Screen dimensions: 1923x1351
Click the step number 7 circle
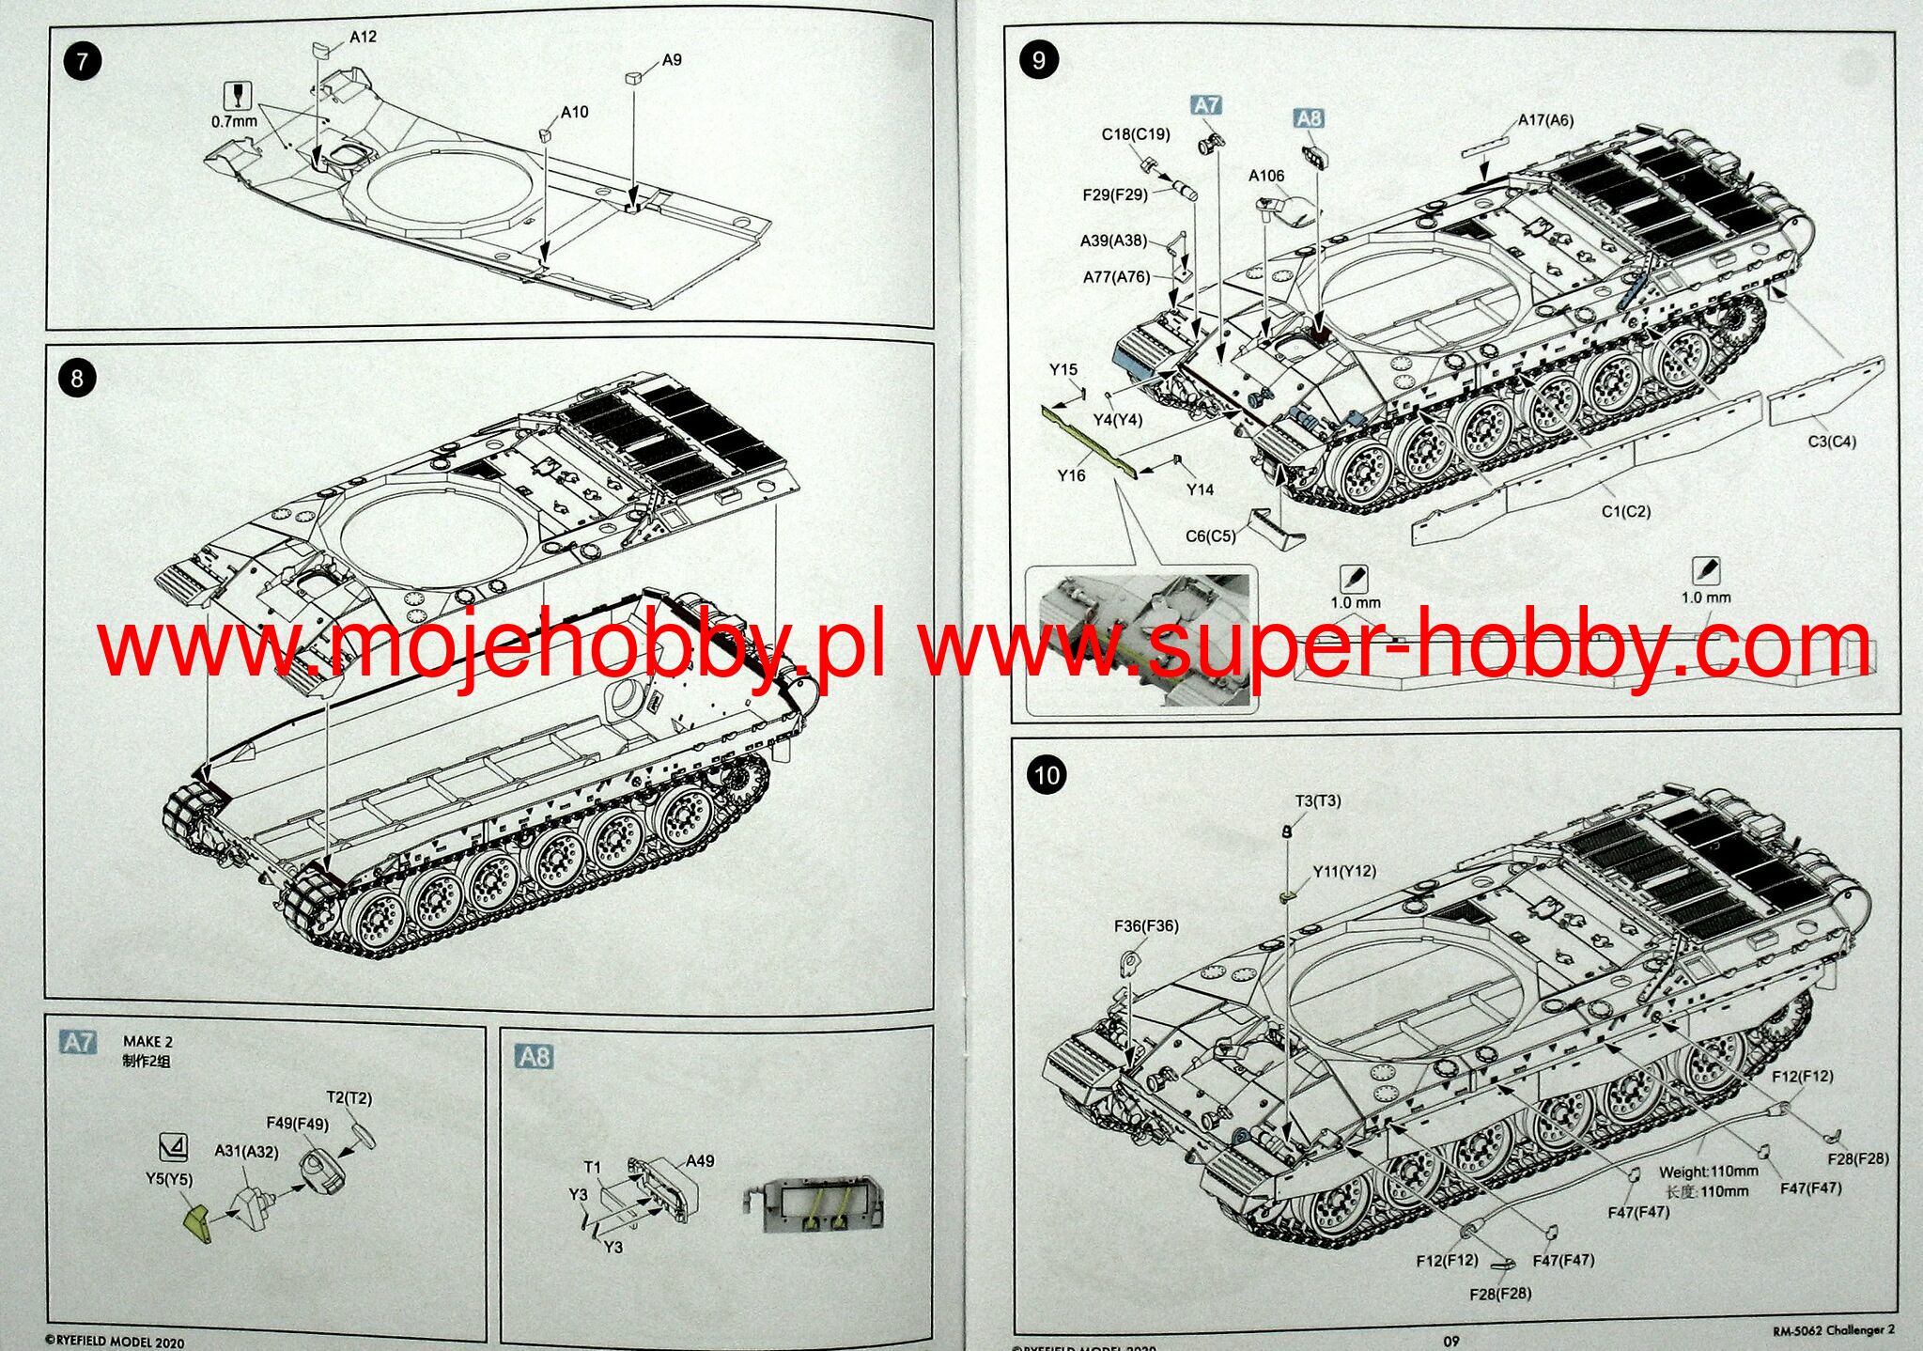point(83,62)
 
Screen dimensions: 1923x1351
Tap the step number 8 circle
point(76,379)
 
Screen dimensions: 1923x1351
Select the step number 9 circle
point(1038,60)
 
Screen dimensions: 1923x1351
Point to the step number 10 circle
point(1047,775)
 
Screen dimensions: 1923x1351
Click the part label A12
point(363,37)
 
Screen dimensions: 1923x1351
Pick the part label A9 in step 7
point(672,60)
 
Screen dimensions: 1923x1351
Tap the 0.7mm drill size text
point(234,121)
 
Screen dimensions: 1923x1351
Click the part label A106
point(1266,176)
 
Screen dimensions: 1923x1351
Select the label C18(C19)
point(1136,134)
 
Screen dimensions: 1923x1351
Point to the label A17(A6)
point(1545,120)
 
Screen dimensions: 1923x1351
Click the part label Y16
point(1071,475)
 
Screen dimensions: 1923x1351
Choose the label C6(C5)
point(1211,536)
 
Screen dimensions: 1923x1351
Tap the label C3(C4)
point(1832,441)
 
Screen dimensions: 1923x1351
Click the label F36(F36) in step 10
point(1146,925)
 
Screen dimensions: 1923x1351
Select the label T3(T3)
point(1318,800)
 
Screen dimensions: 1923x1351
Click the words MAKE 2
point(147,1041)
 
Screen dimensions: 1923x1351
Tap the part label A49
point(700,1161)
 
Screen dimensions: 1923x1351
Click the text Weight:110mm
point(1708,1172)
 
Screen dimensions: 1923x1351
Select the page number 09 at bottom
point(1450,1341)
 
